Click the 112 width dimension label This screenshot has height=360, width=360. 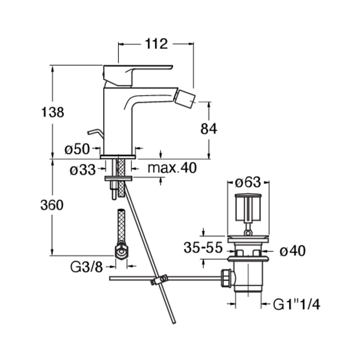156,44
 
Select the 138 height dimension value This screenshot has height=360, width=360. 52,112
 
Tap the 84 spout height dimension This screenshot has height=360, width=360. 208,129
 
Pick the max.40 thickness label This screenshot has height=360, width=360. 172,168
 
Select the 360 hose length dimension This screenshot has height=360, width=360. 52,205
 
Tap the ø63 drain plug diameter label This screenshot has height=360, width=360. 248,183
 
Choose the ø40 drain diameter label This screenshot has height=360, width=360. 292,251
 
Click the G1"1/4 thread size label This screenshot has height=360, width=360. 297,305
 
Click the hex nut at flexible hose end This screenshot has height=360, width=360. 121,252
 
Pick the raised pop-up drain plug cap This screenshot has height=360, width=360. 248,207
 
